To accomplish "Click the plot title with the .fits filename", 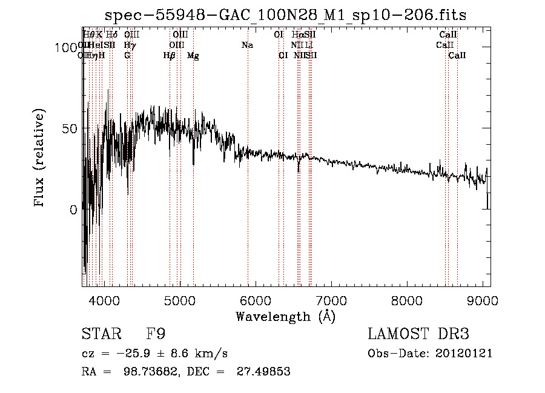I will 286,15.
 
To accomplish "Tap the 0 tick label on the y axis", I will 73,210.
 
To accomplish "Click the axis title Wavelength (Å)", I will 285,316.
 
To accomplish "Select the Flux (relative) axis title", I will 40,159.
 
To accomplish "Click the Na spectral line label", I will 247,45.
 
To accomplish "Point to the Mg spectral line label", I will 193,56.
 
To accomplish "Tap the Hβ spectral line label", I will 170,56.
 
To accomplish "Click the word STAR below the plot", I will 98,334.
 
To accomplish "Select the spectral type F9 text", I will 156,334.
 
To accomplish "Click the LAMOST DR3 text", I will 418,334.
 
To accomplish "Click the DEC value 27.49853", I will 266,372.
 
